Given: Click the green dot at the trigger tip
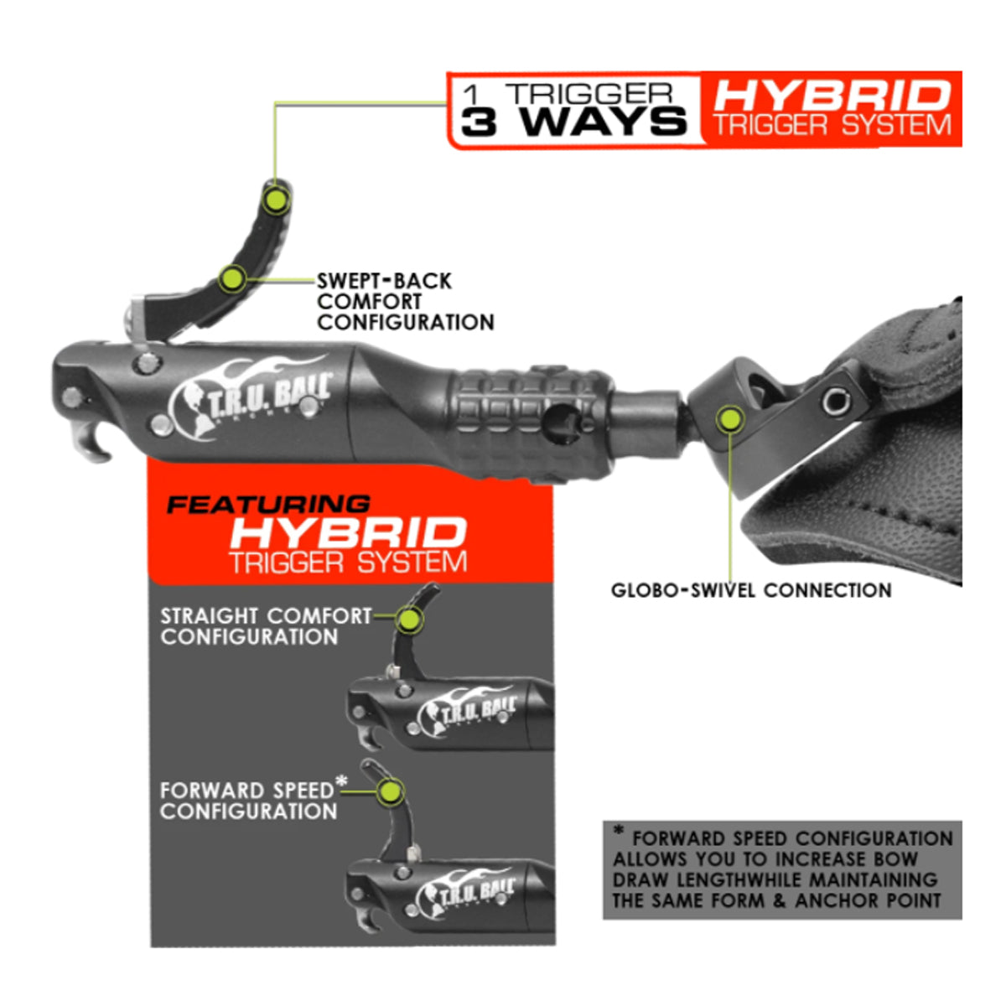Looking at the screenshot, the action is pyautogui.click(x=276, y=200).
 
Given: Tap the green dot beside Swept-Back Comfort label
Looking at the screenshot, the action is pyautogui.click(x=231, y=279).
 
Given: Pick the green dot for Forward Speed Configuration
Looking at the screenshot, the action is pyautogui.click(x=389, y=792).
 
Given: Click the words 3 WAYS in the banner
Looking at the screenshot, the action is pyautogui.click(x=573, y=122).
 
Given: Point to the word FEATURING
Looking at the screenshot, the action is pyautogui.click(x=268, y=505).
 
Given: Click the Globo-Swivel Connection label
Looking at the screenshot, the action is pyautogui.click(x=750, y=590).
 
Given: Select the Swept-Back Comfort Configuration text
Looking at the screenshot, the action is pyautogui.click(x=405, y=302).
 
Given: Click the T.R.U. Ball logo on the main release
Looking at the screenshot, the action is pyautogui.click(x=251, y=397).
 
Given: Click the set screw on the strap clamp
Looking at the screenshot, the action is pyautogui.click(x=836, y=401).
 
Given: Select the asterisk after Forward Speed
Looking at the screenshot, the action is pyautogui.click(x=341, y=780).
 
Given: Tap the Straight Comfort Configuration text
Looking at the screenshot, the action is pyautogui.click(x=266, y=626).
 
